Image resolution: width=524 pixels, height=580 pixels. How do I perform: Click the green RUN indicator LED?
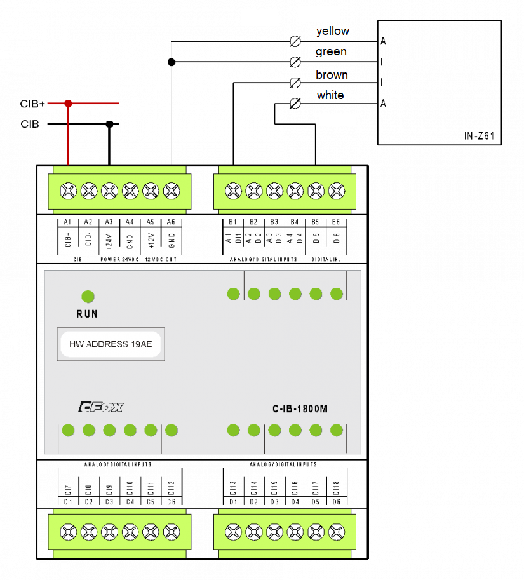88,296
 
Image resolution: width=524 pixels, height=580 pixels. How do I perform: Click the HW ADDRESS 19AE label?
111,344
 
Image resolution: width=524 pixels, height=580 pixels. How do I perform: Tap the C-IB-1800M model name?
300,409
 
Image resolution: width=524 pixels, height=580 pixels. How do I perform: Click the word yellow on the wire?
332,31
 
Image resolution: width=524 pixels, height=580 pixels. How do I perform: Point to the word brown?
332,75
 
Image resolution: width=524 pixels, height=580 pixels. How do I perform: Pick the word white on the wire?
330,95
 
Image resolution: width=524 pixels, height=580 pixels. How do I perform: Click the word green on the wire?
331,51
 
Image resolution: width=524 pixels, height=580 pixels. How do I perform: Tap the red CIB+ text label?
32,104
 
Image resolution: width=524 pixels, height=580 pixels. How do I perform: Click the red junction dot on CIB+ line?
68,103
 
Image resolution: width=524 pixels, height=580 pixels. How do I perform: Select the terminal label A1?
68,222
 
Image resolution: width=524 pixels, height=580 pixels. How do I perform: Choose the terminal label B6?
336,222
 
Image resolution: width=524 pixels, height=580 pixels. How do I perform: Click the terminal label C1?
68,502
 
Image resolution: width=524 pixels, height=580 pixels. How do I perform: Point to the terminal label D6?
336,502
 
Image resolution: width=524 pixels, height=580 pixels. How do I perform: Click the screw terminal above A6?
171,190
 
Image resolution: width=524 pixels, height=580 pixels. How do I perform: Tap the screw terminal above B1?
233,190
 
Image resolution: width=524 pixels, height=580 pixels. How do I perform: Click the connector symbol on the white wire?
295,103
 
